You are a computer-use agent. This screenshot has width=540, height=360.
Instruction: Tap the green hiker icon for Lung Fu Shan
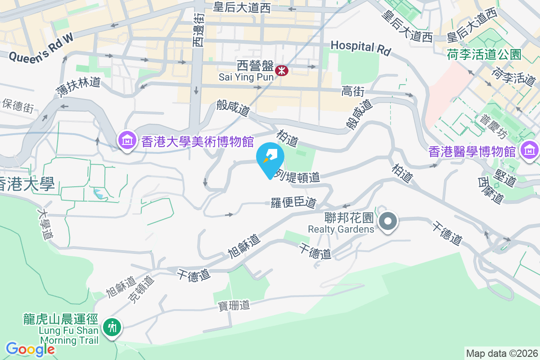click(112, 326)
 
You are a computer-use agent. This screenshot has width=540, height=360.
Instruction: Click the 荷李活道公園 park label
click(484, 55)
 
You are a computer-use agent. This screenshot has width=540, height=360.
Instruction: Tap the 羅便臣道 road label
click(293, 202)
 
